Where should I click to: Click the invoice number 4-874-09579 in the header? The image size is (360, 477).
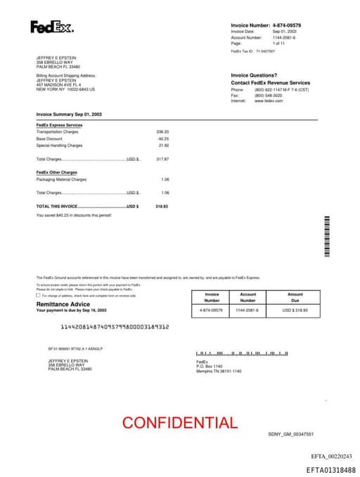pyautogui.click(x=287, y=25)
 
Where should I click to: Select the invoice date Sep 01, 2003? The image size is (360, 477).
pyautogui.click(x=285, y=32)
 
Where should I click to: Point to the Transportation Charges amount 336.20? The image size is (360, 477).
pyautogui.click(x=162, y=132)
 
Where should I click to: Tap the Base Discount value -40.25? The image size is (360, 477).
pyautogui.click(x=163, y=139)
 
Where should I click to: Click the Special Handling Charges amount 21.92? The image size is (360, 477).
pyautogui.click(x=164, y=146)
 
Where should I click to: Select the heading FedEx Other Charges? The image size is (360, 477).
pyautogui.click(x=57, y=172)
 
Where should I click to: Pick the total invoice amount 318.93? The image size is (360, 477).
pyautogui.click(x=162, y=206)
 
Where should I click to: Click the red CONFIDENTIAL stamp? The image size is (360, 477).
pyautogui.click(x=180, y=423)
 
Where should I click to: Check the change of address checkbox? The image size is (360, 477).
pyautogui.click(x=38, y=295)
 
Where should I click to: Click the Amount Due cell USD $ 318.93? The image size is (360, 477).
pyautogui.click(x=295, y=310)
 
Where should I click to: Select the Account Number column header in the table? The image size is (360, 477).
pyautogui.click(x=248, y=297)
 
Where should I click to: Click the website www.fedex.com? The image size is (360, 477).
pyautogui.click(x=269, y=101)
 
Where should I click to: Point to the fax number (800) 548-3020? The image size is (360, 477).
pyautogui.click(x=269, y=96)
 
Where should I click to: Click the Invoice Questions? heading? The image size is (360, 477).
pyautogui.click(x=254, y=75)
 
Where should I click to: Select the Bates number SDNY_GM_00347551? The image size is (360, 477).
pyautogui.click(x=290, y=435)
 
